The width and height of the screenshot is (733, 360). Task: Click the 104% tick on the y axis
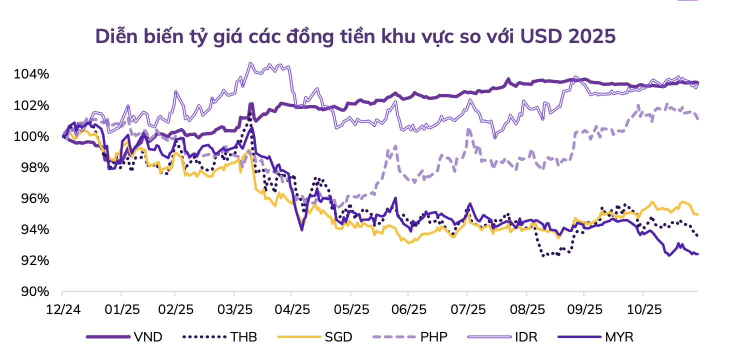(31, 74)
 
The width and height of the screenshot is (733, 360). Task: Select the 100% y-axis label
(31, 136)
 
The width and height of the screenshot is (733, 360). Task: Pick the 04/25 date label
(291, 309)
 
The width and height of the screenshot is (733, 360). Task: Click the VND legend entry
(148, 337)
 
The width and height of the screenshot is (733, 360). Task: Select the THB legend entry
(243, 337)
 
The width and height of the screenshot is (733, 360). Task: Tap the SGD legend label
(338, 337)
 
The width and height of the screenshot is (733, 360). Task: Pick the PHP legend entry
(433, 337)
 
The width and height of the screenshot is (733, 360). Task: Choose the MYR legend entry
(619, 337)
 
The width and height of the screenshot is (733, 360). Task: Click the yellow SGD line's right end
(698, 214)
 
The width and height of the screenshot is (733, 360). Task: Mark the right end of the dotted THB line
(698, 235)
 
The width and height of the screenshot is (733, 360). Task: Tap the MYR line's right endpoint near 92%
(698, 254)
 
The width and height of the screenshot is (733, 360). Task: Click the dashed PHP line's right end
(698, 118)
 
